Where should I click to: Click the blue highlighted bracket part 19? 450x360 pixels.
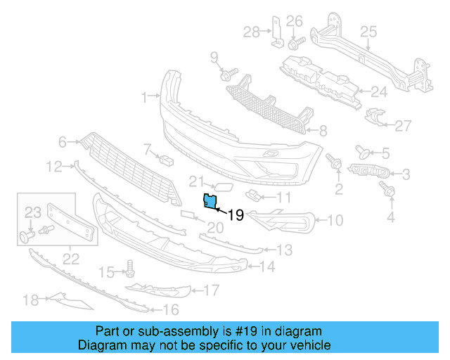point(210,201)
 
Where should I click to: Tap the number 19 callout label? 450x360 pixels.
point(236,215)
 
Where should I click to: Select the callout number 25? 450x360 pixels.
point(368,31)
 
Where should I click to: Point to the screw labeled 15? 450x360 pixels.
point(129,267)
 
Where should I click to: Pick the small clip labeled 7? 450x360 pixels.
point(166,159)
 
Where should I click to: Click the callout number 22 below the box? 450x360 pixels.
point(70,259)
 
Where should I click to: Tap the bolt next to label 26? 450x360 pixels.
point(292,44)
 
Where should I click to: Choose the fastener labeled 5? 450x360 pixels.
point(364,150)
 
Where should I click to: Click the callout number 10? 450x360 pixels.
point(335,221)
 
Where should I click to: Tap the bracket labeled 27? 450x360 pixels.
point(375,117)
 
